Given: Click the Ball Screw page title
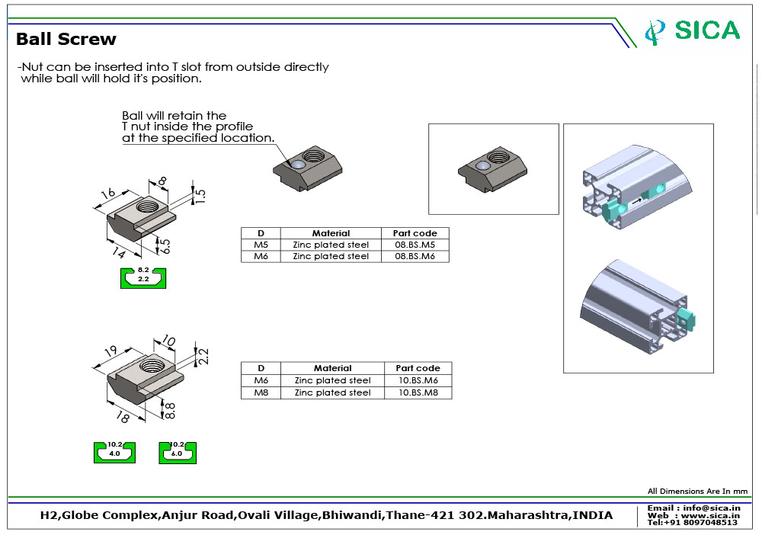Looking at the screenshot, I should pyautogui.click(x=66, y=39).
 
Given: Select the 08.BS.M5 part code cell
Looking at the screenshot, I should pyautogui.click(x=415, y=245).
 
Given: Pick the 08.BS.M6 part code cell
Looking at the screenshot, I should pyautogui.click(x=415, y=256).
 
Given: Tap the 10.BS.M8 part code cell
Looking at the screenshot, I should pyautogui.click(x=418, y=392).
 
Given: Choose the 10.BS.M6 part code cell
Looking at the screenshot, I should pyautogui.click(x=418, y=380).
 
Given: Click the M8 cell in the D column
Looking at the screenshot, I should pyautogui.click(x=261, y=392).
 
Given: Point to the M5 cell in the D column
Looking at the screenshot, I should pyautogui.click(x=261, y=245).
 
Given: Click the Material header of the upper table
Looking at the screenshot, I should pyautogui.click(x=331, y=233).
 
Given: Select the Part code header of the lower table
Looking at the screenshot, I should pyautogui.click(x=418, y=368).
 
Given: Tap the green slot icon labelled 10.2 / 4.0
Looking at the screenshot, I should pyautogui.click(x=114, y=451).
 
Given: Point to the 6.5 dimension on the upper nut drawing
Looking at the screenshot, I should pyautogui.click(x=165, y=245).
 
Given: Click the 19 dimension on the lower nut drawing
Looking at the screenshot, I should pyautogui.click(x=110, y=351).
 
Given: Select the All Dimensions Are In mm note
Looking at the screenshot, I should pyautogui.click(x=697, y=492).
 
